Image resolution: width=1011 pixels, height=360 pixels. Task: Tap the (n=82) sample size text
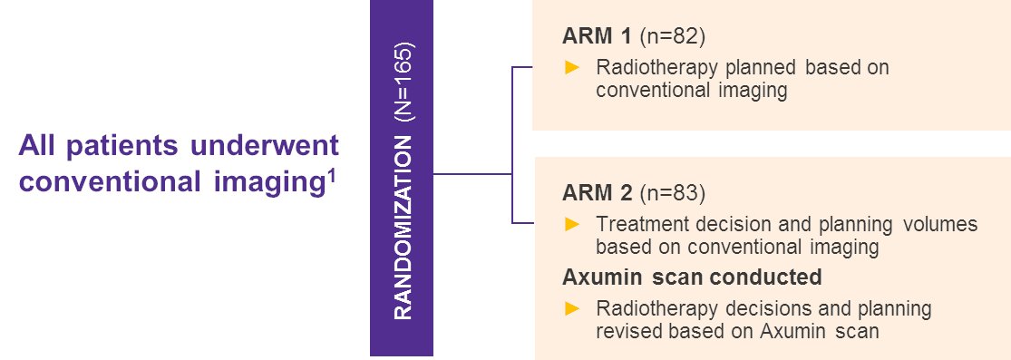[673, 37]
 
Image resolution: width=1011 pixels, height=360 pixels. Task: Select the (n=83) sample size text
[673, 193]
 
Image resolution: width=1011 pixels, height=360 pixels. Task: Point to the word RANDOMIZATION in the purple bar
[403, 228]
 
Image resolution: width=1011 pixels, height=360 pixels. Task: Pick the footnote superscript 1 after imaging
[332, 175]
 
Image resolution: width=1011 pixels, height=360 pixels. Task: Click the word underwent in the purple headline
[265, 146]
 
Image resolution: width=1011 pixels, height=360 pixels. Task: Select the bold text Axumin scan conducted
[693, 277]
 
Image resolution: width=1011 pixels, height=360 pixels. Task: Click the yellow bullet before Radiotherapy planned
[572, 68]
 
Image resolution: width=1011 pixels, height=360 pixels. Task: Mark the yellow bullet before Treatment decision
[572, 224]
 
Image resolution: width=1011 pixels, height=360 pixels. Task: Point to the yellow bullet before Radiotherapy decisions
[572, 309]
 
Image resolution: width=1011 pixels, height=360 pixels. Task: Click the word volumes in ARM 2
[940, 225]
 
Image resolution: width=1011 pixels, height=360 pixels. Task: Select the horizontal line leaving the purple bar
[472, 173]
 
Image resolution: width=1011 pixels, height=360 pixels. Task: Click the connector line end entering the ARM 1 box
[532, 67]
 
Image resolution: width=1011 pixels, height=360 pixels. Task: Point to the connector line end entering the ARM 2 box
[534, 223]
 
